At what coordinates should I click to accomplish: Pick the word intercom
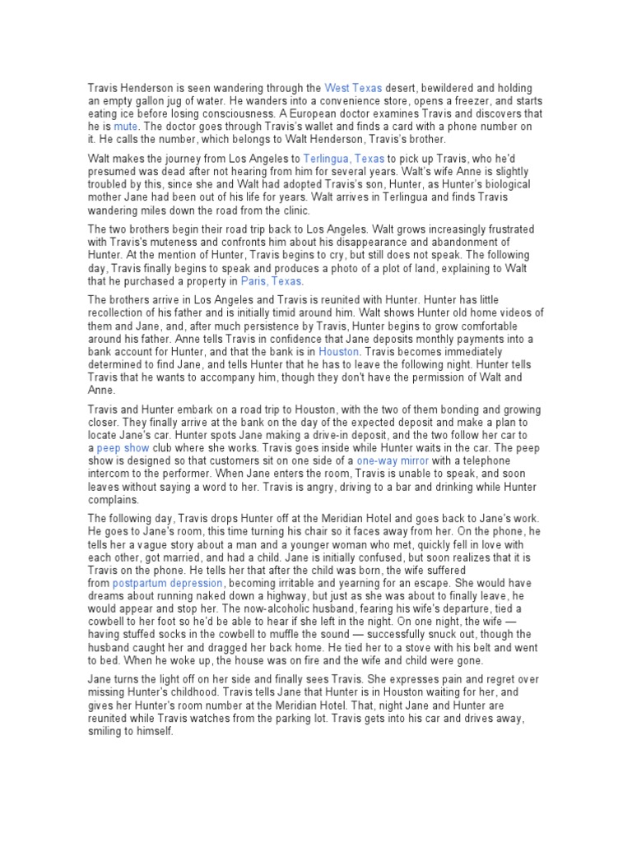(109, 474)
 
